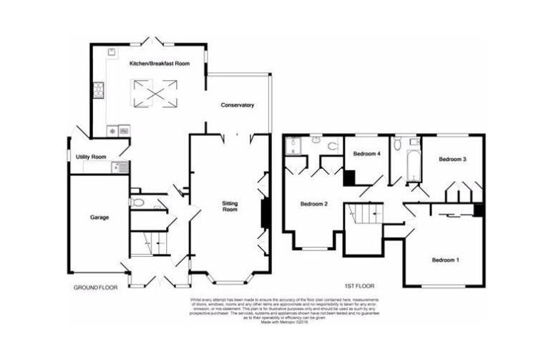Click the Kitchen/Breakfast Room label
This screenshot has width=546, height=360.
[x=160, y=64]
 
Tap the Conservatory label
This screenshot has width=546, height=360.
[x=237, y=105]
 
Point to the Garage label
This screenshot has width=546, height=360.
[x=99, y=216]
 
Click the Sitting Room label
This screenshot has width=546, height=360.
[x=230, y=208]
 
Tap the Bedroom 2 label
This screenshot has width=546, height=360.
[x=313, y=204]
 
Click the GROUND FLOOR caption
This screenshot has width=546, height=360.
[x=95, y=287]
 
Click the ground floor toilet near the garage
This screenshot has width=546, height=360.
[x=137, y=203]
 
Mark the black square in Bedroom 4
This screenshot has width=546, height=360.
[x=350, y=178]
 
